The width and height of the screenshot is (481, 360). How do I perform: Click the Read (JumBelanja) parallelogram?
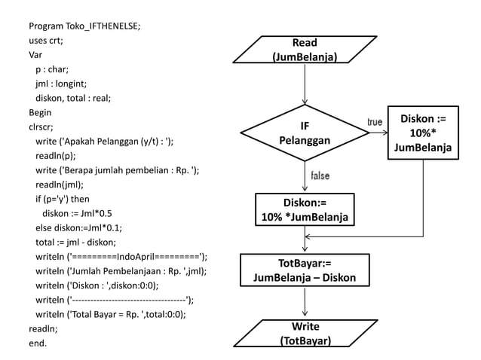click(305, 50)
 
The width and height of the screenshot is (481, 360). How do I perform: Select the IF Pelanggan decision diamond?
click(305, 133)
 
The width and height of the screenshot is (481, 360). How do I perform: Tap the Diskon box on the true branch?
click(422, 133)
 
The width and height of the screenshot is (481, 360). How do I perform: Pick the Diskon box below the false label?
click(305, 210)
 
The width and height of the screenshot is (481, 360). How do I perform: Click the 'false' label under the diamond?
click(320, 175)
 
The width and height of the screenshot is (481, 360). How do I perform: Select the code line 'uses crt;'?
click(45, 41)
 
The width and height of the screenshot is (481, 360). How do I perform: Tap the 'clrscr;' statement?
click(41, 127)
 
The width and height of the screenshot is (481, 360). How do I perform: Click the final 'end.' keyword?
click(37, 343)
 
